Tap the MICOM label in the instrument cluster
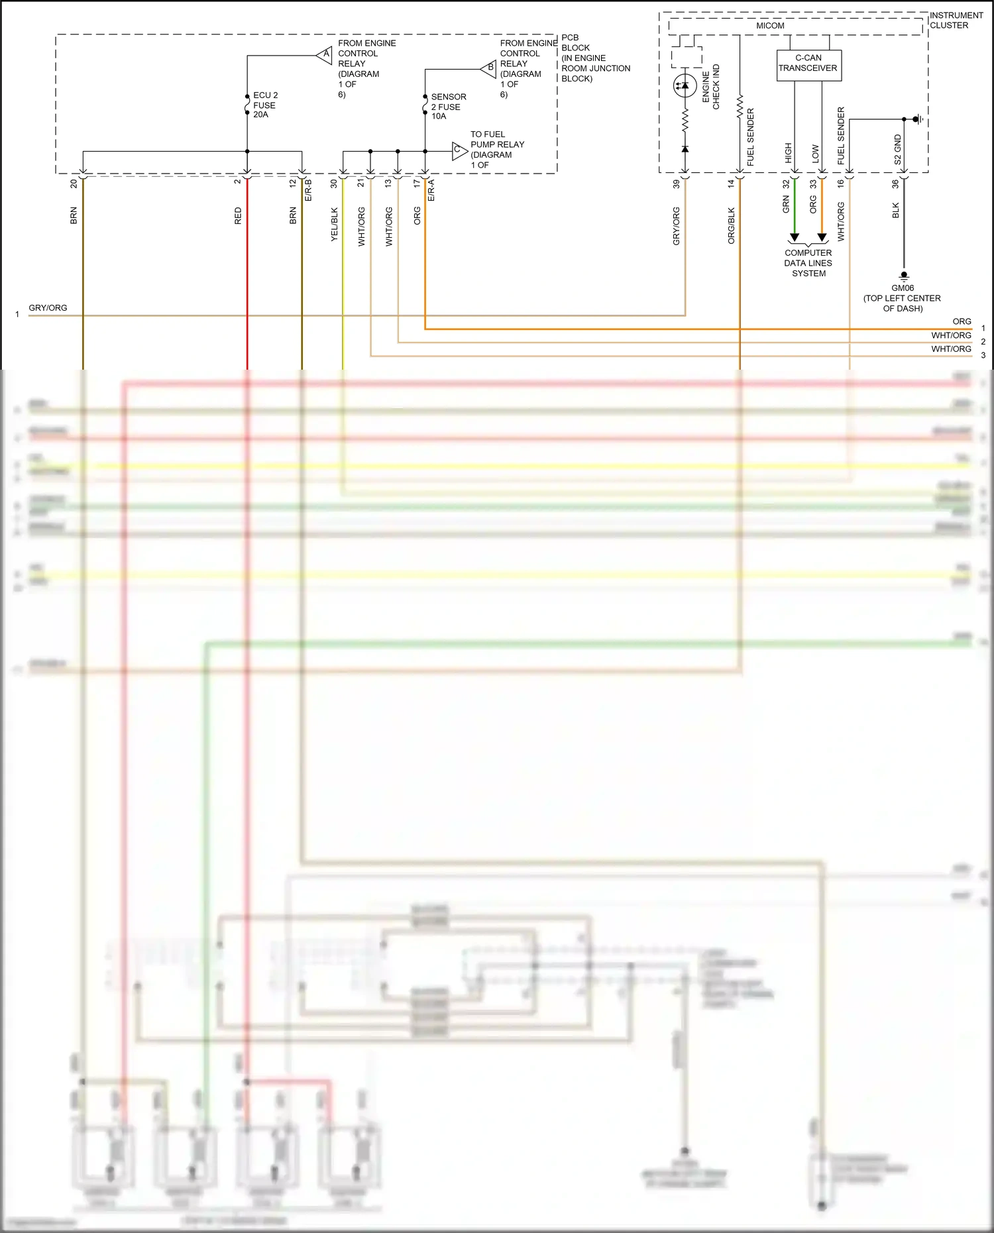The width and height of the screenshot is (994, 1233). (x=770, y=26)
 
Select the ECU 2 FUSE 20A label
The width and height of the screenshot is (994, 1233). (x=265, y=105)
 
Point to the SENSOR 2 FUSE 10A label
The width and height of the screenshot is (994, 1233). (x=448, y=106)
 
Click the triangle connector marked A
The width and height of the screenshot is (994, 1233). (x=325, y=54)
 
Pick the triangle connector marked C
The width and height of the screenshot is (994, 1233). (x=459, y=150)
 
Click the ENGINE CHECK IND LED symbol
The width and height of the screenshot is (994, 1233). (x=685, y=85)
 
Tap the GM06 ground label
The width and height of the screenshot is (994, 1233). (x=902, y=288)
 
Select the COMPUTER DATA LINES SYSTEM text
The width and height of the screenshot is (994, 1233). (x=808, y=263)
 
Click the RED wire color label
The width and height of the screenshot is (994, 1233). (x=239, y=216)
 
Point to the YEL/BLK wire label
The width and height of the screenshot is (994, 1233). (x=335, y=224)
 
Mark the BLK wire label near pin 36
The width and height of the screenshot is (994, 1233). (x=896, y=211)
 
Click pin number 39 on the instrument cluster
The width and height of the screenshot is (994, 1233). (x=677, y=184)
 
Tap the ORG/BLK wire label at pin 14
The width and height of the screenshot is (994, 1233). (x=732, y=225)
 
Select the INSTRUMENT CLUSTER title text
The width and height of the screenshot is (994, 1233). (x=956, y=20)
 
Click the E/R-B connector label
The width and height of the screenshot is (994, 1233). (x=308, y=190)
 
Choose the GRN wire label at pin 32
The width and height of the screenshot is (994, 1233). (x=786, y=204)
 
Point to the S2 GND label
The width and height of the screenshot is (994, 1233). (x=898, y=150)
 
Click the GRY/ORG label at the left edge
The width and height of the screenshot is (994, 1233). (x=48, y=308)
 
